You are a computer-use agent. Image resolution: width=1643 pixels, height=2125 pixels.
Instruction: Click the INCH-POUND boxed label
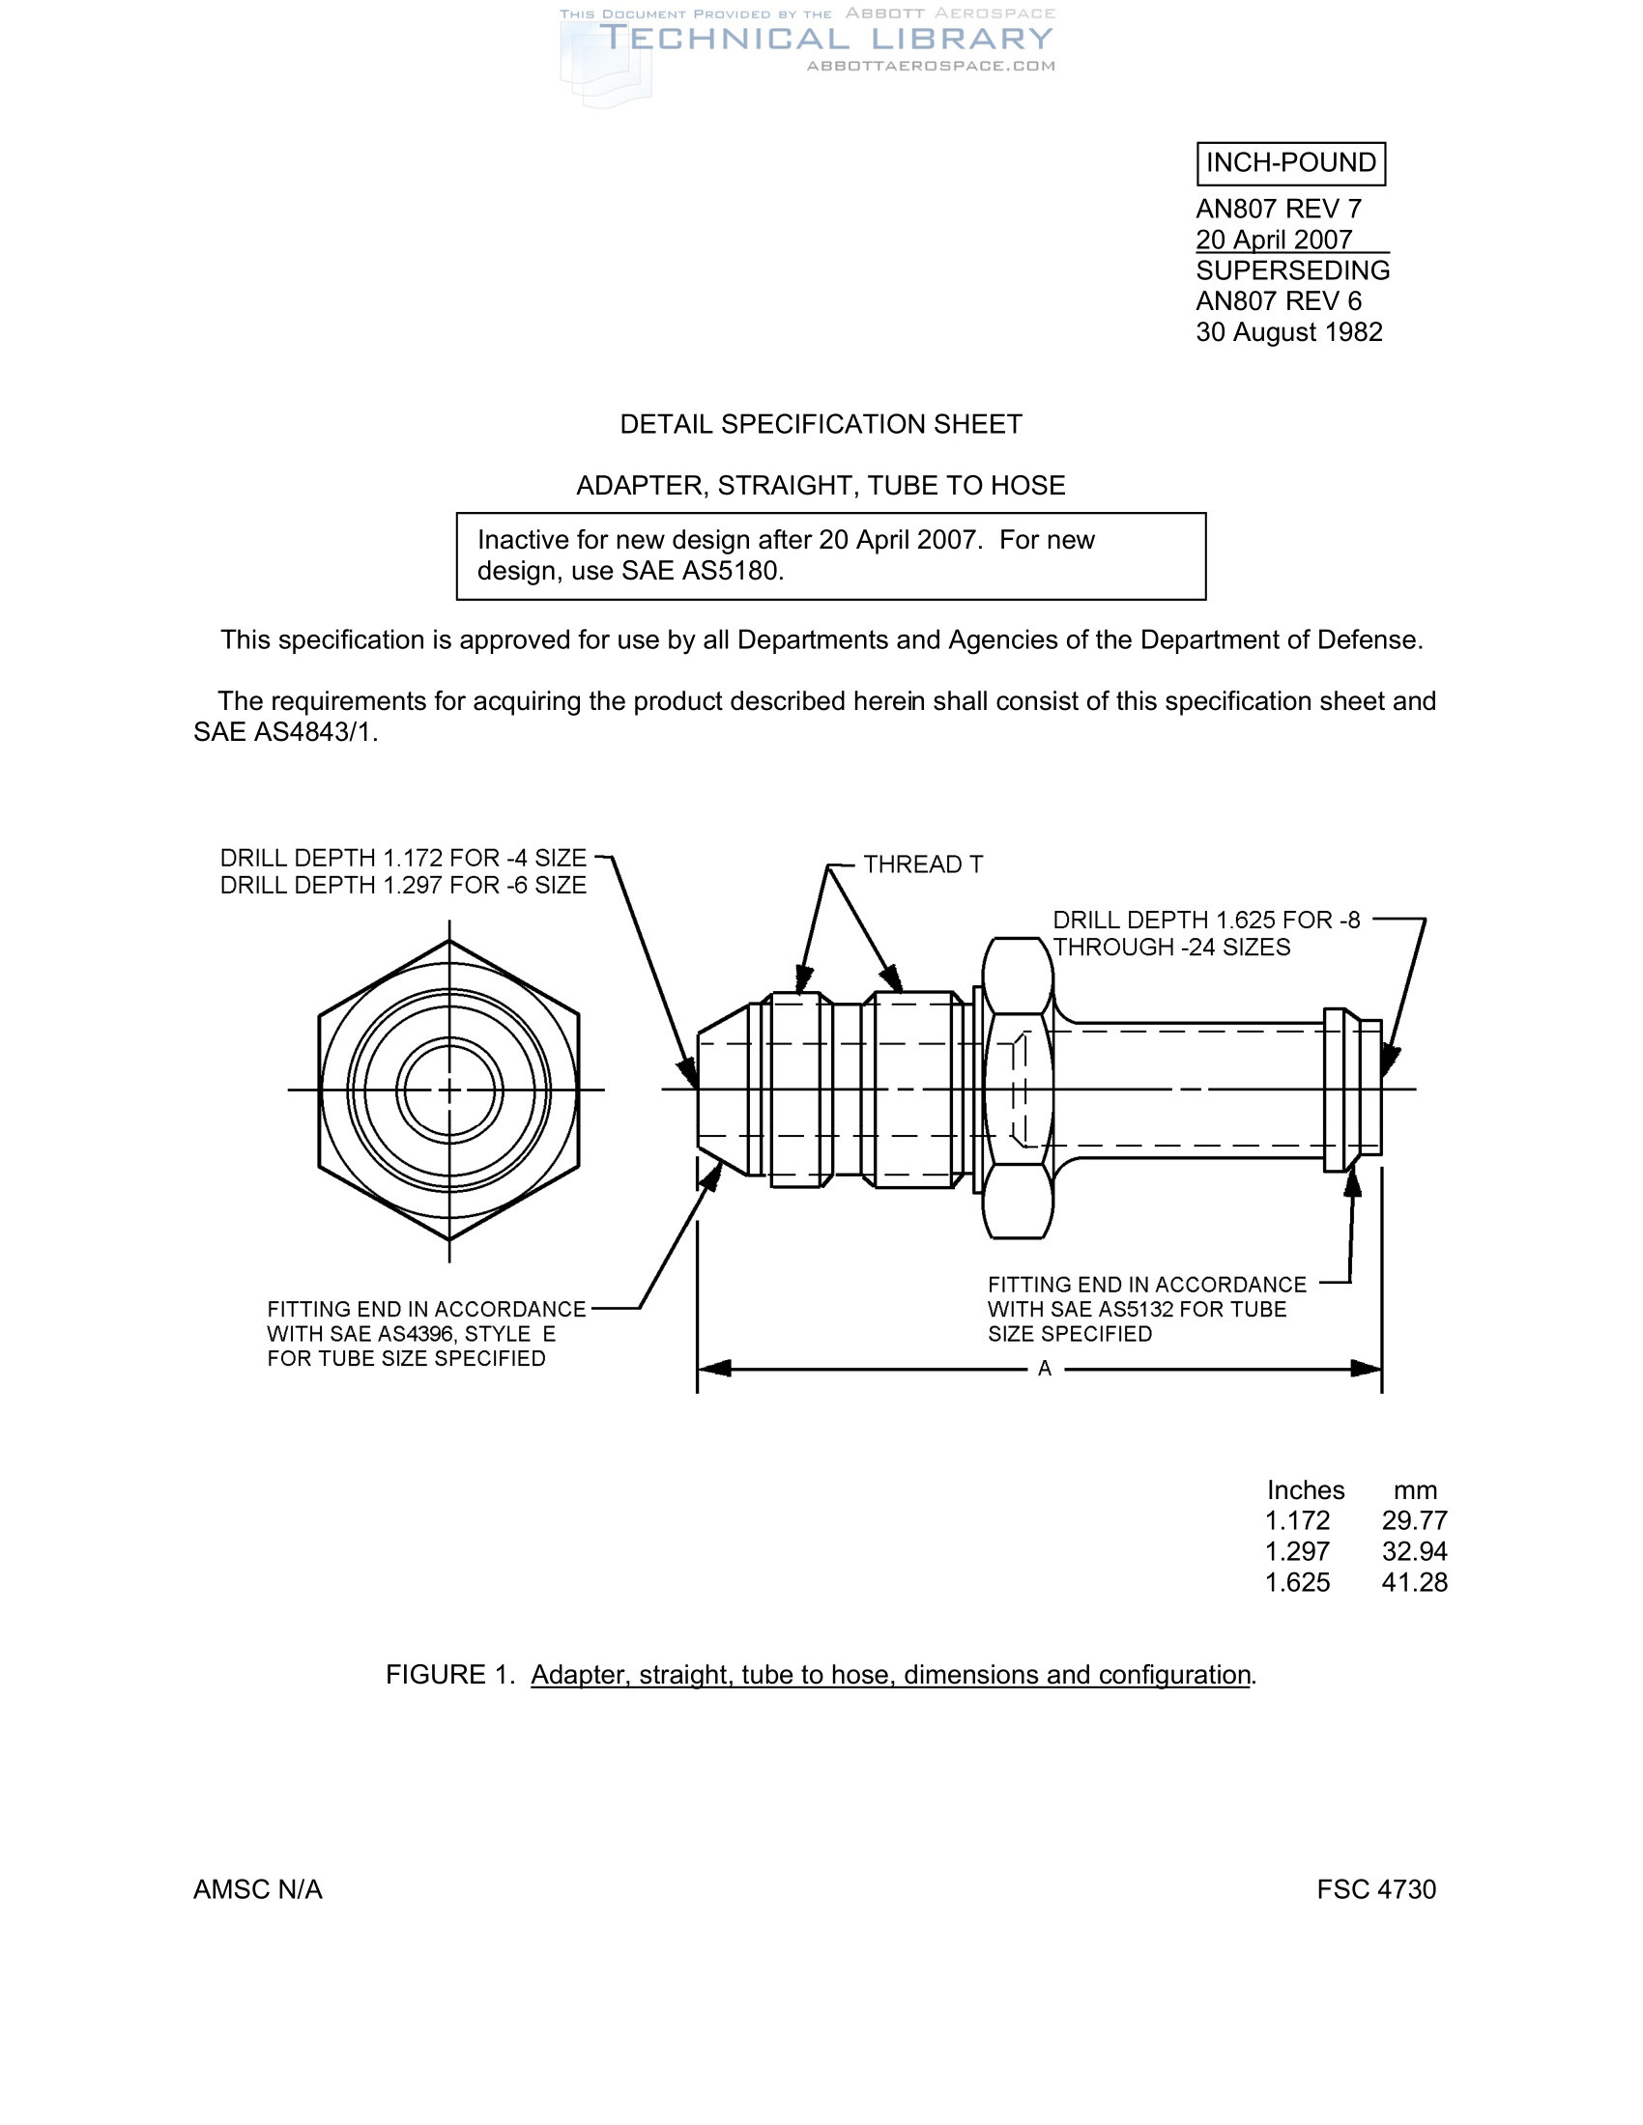click(x=1289, y=163)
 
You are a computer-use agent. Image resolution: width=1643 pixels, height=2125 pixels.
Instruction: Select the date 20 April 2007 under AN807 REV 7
click(x=1273, y=240)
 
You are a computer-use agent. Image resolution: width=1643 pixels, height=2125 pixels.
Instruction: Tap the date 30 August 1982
click(x=1288, y=333)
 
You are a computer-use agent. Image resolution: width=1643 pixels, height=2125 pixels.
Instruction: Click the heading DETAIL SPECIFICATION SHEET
click(x=821, y=424)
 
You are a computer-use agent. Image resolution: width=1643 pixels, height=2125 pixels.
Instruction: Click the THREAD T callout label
click(x=923, y=864)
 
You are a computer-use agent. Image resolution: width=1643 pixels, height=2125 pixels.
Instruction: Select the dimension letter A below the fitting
click(x=1045, y=1369)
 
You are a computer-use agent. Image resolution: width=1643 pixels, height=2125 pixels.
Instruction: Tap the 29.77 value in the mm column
click(x=1414, y=1520)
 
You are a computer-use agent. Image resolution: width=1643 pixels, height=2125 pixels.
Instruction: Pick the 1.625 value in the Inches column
click(x=1296, y=1583)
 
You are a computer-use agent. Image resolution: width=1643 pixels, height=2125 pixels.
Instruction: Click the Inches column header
click(x=1306, y=1490)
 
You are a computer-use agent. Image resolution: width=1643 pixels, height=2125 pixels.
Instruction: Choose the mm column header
click(x=1414, y=1490)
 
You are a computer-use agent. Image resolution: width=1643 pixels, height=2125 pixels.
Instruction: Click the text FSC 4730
click(x=1375, y=1889)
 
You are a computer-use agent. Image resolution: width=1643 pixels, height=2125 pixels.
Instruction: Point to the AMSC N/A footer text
click(x=258, y=1889)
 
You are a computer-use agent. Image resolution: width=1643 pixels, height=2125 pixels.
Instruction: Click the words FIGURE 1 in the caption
click(x=448, y=1675)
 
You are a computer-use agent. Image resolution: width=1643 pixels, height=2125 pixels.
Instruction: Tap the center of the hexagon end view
click(x=448, y=1090)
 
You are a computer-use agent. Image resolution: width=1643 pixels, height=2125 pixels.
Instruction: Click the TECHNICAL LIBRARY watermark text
click(x=825, y=39)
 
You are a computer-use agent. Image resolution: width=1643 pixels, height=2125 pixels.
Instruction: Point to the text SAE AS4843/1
click(x=284, y=733)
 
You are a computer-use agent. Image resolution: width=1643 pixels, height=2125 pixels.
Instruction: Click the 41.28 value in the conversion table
click(x=1414, y=1583)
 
